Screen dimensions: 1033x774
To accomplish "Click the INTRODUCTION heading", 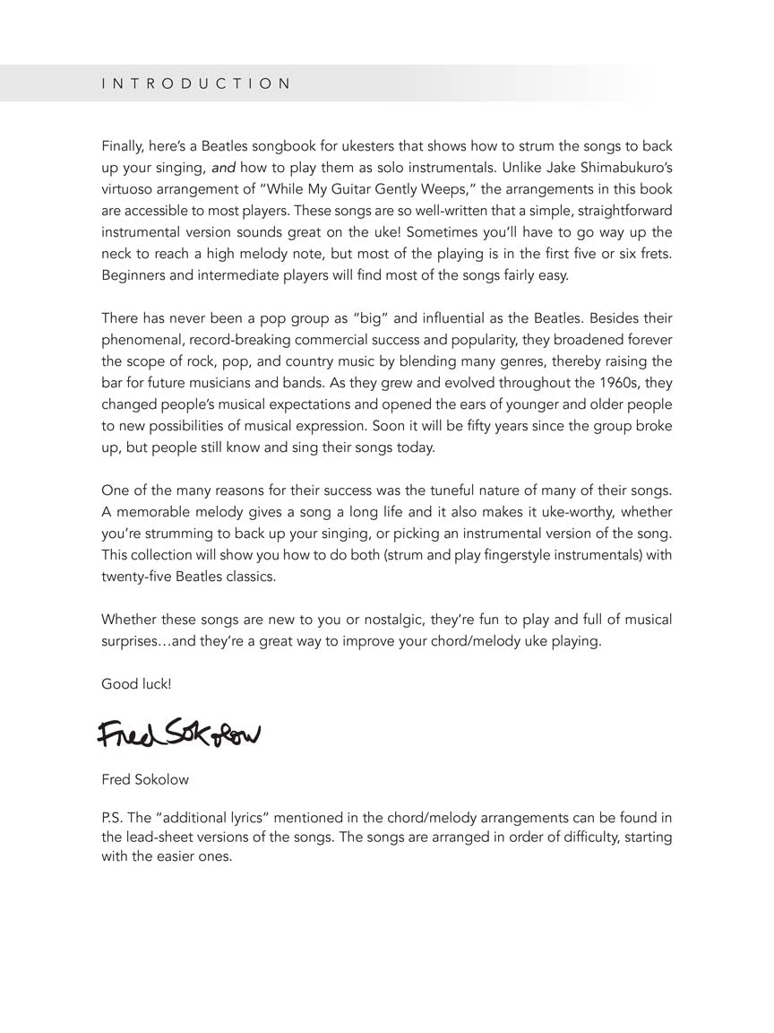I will click(196, 84).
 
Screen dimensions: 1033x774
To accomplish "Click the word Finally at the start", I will click(124, 146).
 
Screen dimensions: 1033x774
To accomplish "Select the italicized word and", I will click(224, 168).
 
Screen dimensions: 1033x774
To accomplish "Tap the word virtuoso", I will click(129, 189).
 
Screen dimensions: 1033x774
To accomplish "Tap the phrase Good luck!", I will click(136, 684).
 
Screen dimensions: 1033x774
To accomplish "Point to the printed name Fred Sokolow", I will click(145, 779).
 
